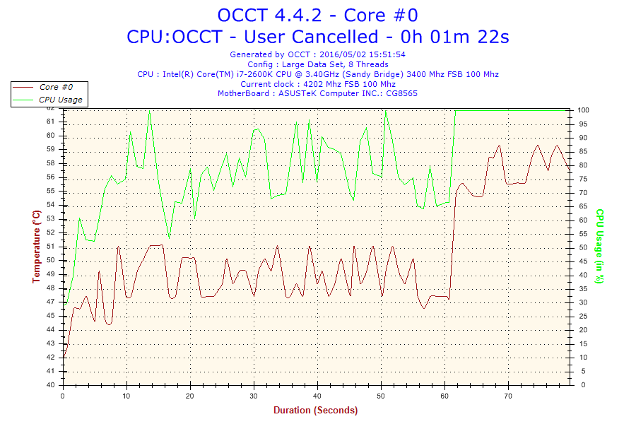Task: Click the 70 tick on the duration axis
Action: click(x=508, y=396)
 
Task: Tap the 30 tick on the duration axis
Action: click(x=254, y=396)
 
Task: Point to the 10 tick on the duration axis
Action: click(x=126, y=396)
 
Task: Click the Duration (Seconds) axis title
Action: click(x=315, y=410)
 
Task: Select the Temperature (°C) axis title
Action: click(x=37, y=246)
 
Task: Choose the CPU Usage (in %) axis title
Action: click(x=599, y=246)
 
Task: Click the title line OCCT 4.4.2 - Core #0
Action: click(x=317, y=15)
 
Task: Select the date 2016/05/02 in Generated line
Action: click(x=343, y=54)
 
